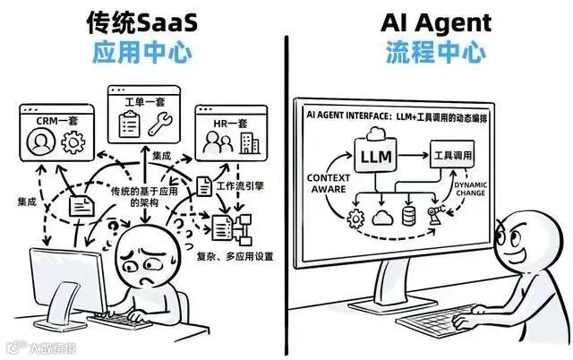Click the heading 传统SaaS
coord(141,21)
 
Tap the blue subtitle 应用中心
coord(141,52)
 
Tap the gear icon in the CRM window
coord(72,141)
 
